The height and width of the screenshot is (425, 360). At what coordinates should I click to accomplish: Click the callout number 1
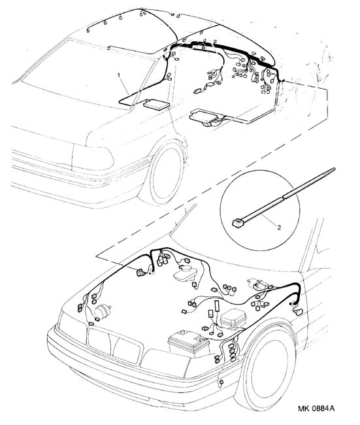pos(118,75)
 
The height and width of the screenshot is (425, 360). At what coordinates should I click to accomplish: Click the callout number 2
pos(279,228)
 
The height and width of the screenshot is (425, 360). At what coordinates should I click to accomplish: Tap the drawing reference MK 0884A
pos(316,409)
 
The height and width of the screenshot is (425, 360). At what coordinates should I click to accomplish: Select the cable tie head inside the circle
pos(238,223)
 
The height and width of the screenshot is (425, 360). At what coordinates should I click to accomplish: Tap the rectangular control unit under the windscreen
pos(156,105)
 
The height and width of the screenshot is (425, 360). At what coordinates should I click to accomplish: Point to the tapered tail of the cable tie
pos(309,182)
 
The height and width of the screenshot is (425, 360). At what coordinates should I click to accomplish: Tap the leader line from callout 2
pos(269,220)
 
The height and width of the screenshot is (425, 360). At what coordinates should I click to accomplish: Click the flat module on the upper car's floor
pos(205,116)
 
